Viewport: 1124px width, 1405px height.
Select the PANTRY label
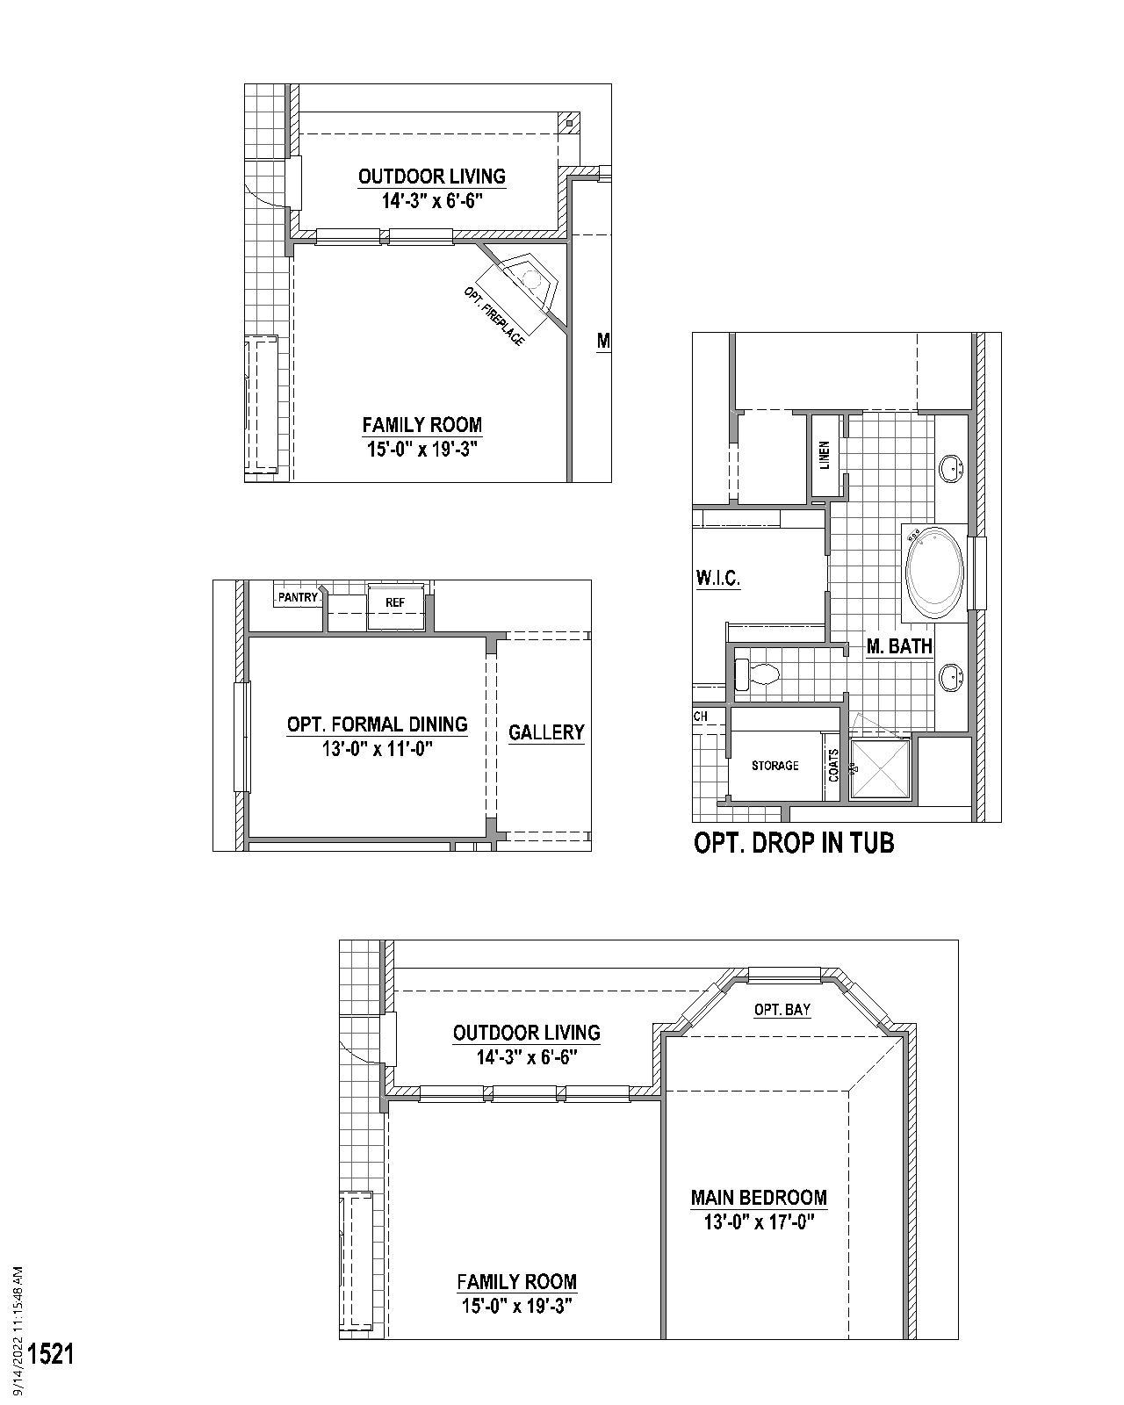point(298,597)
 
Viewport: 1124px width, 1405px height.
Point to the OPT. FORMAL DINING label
point(377,724)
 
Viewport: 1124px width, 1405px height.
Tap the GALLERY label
point(546,732)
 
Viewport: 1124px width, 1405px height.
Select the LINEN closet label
point(825,456)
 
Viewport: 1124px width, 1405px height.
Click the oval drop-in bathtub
point(934,573)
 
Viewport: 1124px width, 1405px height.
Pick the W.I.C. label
point(717,579)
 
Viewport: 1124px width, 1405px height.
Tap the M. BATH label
point(899,647)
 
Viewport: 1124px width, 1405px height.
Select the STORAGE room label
point(775,766)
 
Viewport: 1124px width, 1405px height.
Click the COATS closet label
point(833,765)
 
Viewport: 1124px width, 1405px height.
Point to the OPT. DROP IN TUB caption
point(794,843)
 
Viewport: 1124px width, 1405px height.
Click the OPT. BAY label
point(782,1010)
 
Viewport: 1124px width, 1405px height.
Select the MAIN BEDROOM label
point(759,1198)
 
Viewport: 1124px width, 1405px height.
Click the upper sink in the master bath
point(950,468)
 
